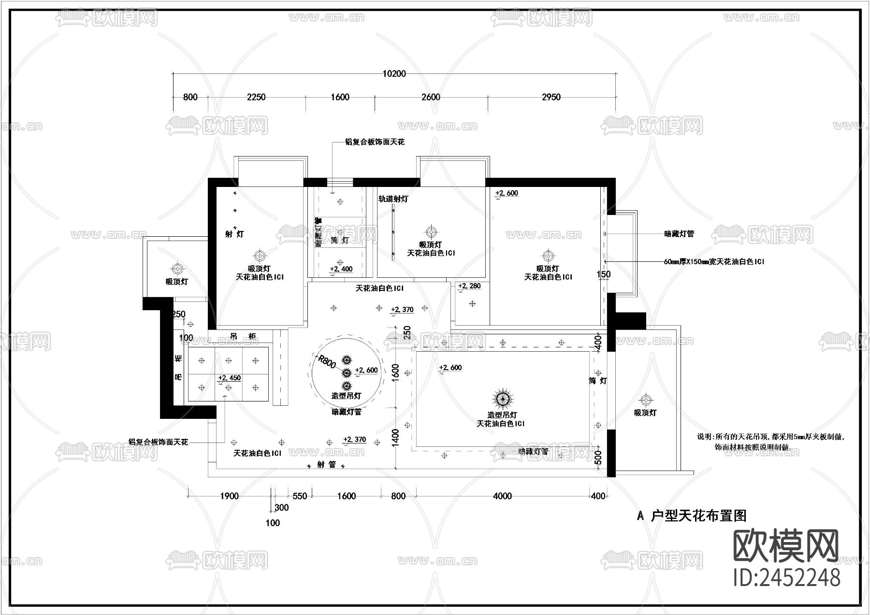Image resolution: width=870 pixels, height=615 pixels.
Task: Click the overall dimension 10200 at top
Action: tap(394, 74)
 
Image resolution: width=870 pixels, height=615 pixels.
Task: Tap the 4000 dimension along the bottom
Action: tap(502, 496)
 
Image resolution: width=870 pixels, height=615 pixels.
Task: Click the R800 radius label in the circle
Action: tap(327, 361)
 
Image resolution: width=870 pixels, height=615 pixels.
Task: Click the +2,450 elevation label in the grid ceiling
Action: tap(229, 378)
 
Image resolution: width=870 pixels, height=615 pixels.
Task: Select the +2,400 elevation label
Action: tap(341, 269)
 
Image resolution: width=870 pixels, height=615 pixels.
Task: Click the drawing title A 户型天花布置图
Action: tap(692, 516)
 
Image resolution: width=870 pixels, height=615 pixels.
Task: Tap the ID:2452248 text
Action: tap(786, 577)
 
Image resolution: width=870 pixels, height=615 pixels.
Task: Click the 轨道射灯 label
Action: tap(393, 199)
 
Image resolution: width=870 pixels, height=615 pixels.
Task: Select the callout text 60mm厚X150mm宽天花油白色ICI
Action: tap(713, 262)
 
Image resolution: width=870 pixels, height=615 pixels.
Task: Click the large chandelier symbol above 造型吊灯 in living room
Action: tap(503, 398)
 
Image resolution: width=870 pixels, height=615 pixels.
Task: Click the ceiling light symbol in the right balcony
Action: tap(645, 400)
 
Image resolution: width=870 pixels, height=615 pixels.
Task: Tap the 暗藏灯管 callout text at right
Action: tap(679, 234)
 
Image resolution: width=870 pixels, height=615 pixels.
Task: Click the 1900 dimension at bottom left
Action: tap(229, 496)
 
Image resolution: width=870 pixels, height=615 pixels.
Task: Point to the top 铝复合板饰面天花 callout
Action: tap(374, 142)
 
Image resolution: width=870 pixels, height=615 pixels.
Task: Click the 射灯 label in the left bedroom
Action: tap(234, 234)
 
